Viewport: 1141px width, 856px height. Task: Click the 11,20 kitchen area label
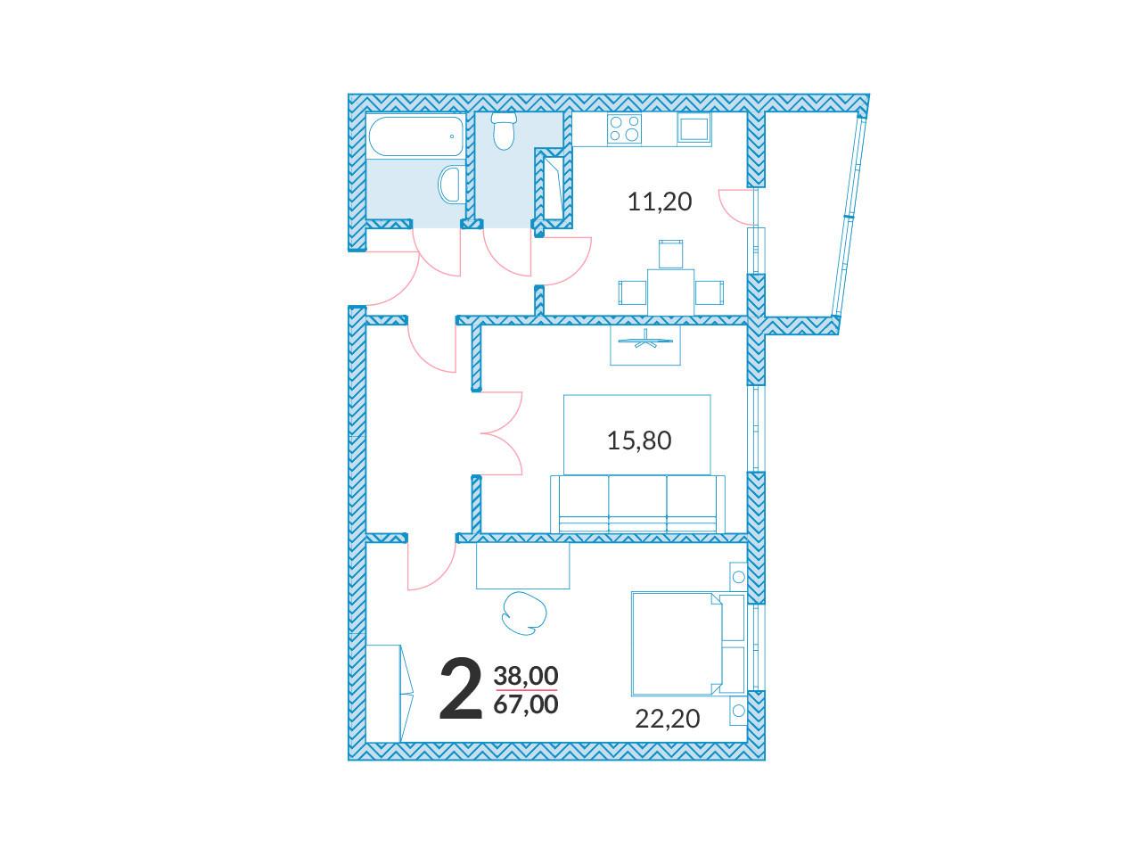click(659, 202)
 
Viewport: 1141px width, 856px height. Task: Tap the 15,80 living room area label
click(639, 440)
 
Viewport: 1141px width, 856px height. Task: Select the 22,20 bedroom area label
click(668, 719)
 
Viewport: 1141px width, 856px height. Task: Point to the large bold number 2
click(461, 689)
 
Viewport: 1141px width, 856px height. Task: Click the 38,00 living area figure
click(526, 676)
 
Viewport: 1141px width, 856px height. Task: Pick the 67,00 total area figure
click(526, 704)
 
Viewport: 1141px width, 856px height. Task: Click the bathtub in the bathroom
click(416, 136)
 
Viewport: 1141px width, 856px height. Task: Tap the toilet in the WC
click(503, 130)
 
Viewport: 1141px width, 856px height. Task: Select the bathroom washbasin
click(449, 184)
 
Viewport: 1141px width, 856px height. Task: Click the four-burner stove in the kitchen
click(624, 128)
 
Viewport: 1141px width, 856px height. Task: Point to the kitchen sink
click(694, 128)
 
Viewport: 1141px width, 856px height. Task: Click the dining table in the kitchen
click(670, 292)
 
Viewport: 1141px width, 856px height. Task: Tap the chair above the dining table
click(670, 254)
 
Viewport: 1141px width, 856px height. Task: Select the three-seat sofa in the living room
click(637, 504)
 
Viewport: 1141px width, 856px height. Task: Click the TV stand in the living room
click(645, 345)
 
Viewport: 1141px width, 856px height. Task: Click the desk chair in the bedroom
click(524, 613)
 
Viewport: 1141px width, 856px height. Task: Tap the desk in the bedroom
click(523, 565)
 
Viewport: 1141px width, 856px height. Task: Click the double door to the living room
click(501, 433)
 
